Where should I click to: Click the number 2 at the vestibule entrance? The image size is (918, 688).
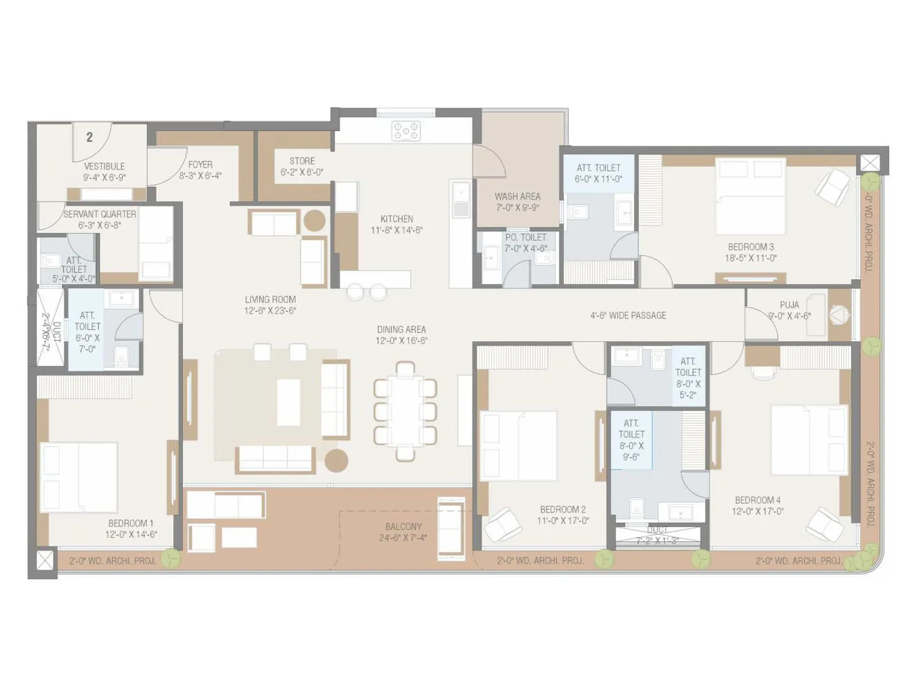coord(90,137)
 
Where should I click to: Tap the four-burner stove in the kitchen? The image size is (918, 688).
coord(406,131)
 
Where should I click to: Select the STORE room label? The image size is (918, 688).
coord(302,161)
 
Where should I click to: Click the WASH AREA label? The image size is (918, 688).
coord(518,196)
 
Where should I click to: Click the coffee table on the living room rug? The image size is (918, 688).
coord(289,402)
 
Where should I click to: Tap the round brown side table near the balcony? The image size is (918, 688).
coord(336,460)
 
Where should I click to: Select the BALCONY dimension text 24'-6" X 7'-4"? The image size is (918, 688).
coord(403,538)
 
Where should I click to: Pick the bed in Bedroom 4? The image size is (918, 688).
coord(809,440)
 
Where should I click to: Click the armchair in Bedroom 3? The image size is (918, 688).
coord(832,187)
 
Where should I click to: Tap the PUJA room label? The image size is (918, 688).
coord(789,305)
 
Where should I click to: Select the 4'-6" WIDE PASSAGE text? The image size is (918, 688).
coord(628,315)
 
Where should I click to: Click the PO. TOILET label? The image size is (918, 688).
coord(526,237)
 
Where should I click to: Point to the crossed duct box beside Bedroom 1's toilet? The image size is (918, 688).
coord(50,327)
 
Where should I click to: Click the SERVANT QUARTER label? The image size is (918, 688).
coord(100,214)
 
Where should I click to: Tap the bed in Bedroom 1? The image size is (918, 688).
coord(79,477)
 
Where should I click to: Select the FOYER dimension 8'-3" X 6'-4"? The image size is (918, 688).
coord(200,176)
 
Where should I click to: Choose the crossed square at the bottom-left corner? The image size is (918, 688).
coord(45,560)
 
